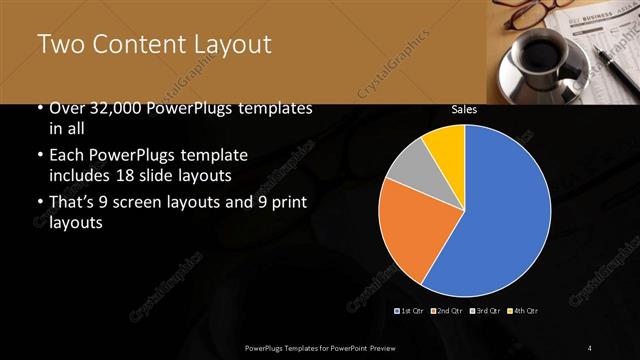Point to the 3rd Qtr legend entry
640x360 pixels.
click(x=484, y=311)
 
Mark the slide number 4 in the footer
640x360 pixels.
click(x=590, y=347)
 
